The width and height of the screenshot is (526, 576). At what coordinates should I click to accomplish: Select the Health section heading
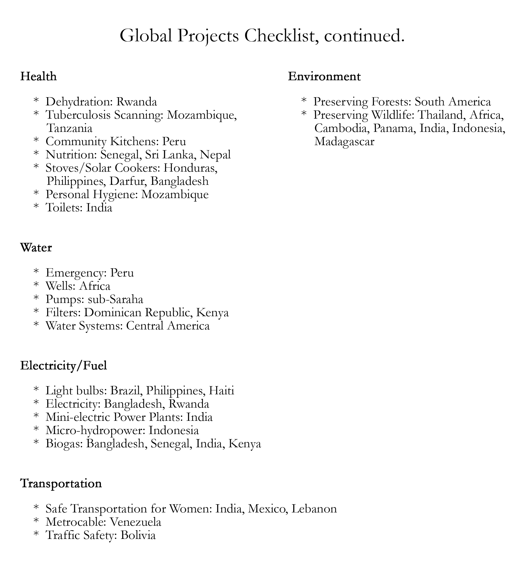pyautogui.click(x=38, y=77)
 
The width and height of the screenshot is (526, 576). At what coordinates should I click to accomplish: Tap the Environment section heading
pyautogui.click(x=324, y=77)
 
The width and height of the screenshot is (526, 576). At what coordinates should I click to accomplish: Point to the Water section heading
pyautogui.click(x=36, y=247)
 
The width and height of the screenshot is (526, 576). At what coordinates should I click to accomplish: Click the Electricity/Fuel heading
pyautogui.click(x=63, y=365)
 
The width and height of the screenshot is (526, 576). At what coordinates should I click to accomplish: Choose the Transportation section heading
pyautogui.click(x=61, y=483)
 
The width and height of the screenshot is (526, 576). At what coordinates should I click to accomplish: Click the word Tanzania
pyautogui.click(x=69, y=128)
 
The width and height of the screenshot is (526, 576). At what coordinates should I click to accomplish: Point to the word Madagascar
pyautogui.click(x=344, y=142)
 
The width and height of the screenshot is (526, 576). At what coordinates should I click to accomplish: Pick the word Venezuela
pyautogui.click(x=135, y=522)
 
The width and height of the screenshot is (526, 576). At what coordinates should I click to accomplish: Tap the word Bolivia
pyautogui.click(x=138, y=535)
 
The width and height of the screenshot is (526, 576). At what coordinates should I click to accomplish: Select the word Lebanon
pyautogui.click(x=314, y=509)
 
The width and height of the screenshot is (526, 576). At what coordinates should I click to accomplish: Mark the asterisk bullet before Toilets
pyautogui.click(x=36, y=207)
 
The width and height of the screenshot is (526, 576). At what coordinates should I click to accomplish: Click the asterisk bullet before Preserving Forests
pyautogui.click(x=304, y=101)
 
